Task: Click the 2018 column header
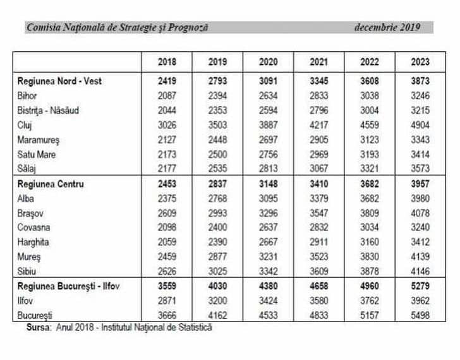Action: tap(167, 62)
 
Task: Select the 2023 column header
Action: tap(420, 62)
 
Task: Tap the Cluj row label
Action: tap(25, 126)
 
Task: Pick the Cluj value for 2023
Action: tap(420, 125)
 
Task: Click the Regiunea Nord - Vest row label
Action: tap(59, 81)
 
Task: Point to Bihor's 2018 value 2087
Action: tap(167, 96)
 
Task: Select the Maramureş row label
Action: tap(38, 140)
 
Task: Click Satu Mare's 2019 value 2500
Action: tap(217, 155)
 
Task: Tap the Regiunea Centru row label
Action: tap(51, 184)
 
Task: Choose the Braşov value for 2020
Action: tap(268, 213)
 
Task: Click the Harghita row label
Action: tap(33, 242)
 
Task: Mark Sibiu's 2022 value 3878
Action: tap(370, 271)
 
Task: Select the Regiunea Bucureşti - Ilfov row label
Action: tap(68, 286)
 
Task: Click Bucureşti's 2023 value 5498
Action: tap(420, 315)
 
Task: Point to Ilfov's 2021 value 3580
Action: tap(319, 301)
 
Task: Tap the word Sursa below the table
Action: tap(38, 327)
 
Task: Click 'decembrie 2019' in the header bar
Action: tap(387, 27)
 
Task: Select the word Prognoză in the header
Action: tap(188, 28)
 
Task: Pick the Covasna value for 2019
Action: tap(217, 227)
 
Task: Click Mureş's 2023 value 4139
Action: tap(420, 256)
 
